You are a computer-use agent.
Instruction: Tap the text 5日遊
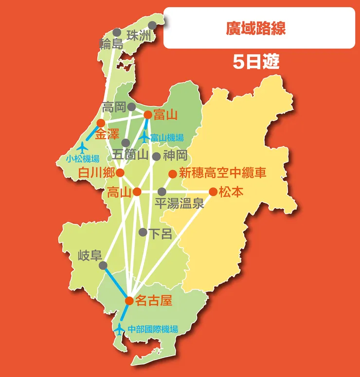click(x=255, y=62)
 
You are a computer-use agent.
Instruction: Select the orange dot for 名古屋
click(x=129, y=301)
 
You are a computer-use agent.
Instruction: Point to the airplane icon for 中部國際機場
click(x=119, y=329)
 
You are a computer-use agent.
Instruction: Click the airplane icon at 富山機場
click(x=144, y=138)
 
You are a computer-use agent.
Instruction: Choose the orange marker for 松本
click(x=213, y=192)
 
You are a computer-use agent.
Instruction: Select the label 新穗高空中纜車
click(x=223, y=173)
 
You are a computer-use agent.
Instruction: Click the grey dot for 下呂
click(x=143, y=233)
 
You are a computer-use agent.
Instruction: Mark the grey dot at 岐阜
click(x=103, y=266)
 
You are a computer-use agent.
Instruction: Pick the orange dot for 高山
click(x=138, y=192)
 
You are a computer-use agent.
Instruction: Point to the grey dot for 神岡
click(x=156, y=157)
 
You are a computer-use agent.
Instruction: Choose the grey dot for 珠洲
click(x=152, y=25)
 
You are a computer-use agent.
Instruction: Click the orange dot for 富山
click(x=147, y=115)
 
